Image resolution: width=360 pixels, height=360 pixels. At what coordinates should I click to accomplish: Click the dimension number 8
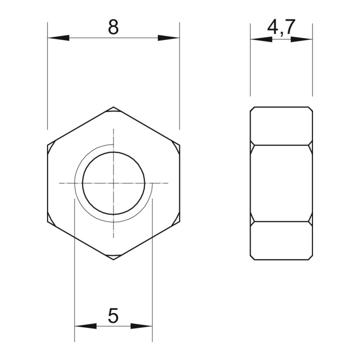[113, 27]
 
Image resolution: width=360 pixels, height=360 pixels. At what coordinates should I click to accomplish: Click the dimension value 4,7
[281, 27]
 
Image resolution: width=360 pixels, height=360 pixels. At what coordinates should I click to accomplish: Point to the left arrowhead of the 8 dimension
[58, 38]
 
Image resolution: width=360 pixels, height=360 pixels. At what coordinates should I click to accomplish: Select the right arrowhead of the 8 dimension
[168, 38]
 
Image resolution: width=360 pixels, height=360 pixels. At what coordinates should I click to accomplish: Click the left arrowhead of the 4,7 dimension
[261, 39]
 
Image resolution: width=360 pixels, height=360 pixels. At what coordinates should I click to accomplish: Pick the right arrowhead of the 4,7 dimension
[301, 39]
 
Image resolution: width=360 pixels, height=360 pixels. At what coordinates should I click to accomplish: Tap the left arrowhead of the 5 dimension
[85, 326]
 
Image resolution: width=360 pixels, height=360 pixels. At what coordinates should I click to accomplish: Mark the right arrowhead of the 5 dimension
[141, 326]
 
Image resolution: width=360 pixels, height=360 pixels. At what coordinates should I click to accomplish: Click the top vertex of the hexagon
[113, 107]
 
